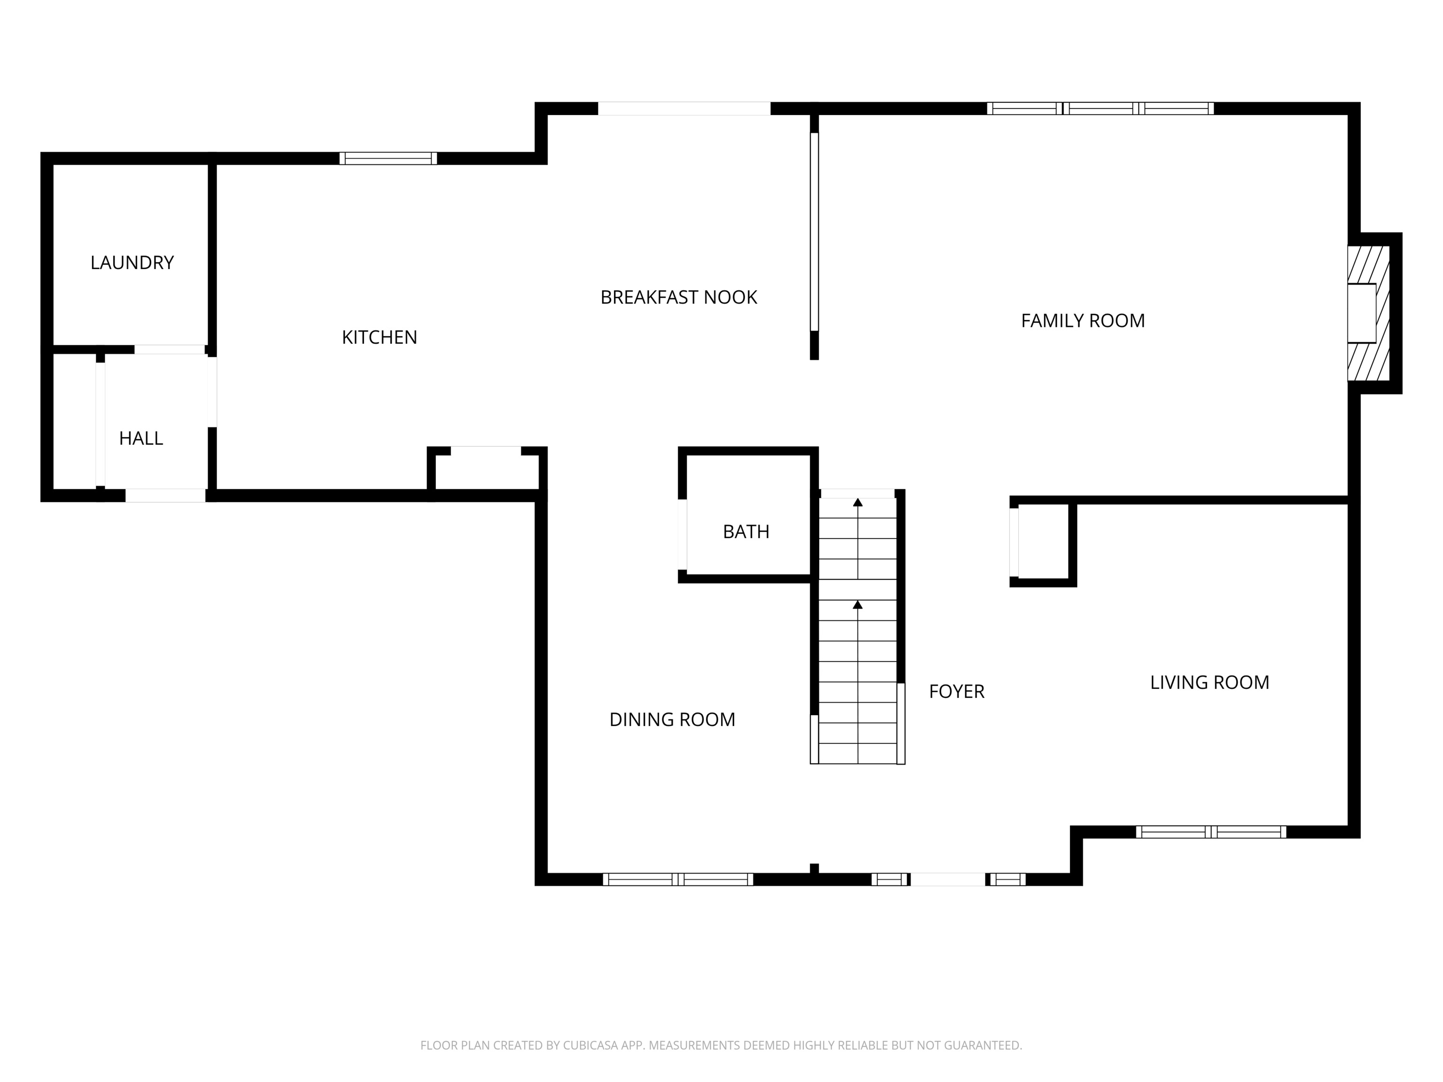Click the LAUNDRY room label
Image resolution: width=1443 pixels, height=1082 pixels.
[x=132, y=263]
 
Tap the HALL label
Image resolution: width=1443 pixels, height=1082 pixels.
[x=141, y=438]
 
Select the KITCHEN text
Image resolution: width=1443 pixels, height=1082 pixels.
[x=379, y=337]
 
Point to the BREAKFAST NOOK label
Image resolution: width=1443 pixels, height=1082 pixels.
[x=678, y=297]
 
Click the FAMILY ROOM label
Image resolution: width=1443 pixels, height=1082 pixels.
[x=1082, y=321]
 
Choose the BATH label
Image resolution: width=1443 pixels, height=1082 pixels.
[x=745, y=532]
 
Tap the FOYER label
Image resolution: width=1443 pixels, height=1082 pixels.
[x=956, y=691]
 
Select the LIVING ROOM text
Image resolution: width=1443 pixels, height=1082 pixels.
[x=1209, y=682]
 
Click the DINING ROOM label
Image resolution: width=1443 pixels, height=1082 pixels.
[x=672, y=719]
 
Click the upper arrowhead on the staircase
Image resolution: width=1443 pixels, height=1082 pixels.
[x=858, y=502]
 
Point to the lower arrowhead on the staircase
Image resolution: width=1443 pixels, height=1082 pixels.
[x=858, y=605]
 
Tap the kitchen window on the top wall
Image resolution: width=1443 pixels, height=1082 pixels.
[x=388, y=158]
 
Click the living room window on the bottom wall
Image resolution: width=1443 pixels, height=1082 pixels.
[x=1211, y=832]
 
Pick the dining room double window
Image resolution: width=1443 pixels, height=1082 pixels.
[x=678, y=879]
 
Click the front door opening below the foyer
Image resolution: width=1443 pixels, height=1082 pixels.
[x=947, y=879]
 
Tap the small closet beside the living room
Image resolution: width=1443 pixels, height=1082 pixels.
[x=1042, y=541]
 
